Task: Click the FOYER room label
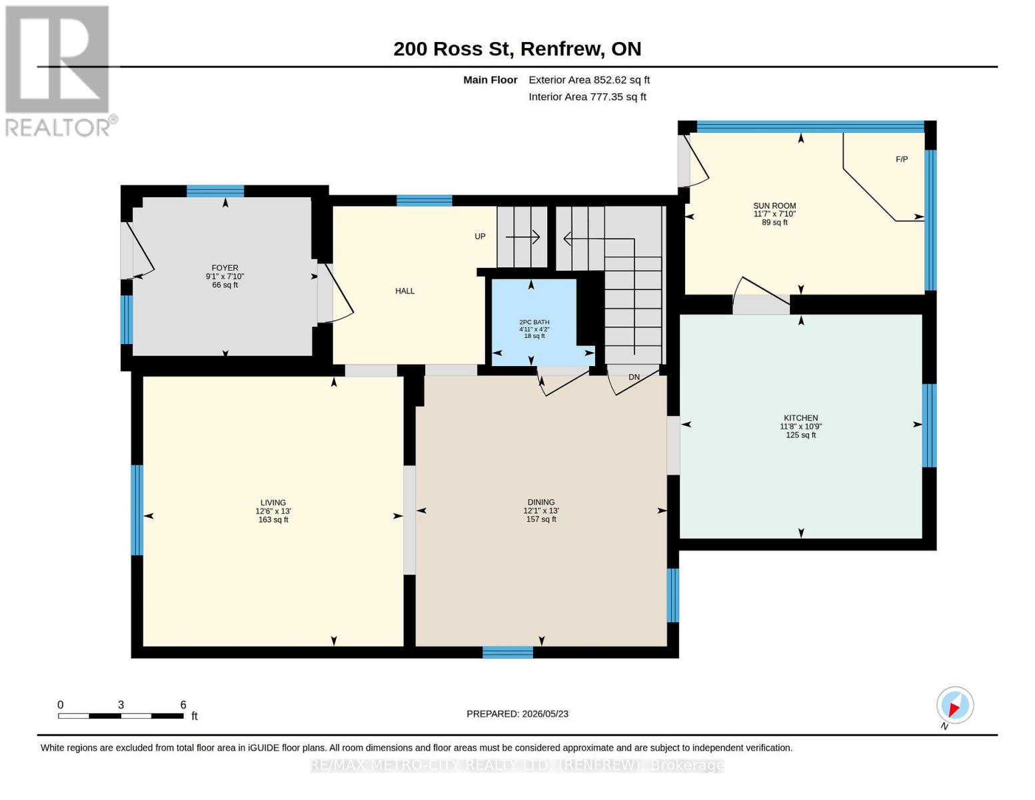coord(225,268)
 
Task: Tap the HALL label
coord(405,291)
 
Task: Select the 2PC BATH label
coord(534,322)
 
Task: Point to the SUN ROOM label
coord(774,206)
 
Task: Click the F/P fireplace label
coord(902,159)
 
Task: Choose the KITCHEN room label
coord(800,418)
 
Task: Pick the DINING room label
coord(541,502)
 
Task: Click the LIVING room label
coord(273,503)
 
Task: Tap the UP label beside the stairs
coord(480,236)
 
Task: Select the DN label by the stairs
coord(634,377)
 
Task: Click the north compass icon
coord(955,705)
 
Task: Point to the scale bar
coord(121,716)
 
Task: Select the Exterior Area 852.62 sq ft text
coord(589,80)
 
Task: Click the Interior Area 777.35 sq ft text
coord(587,97)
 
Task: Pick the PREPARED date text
coord(517,714)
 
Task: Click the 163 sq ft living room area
coord(273,520)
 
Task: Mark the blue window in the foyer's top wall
coord(215,191)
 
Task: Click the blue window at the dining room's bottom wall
coord(508,652)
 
